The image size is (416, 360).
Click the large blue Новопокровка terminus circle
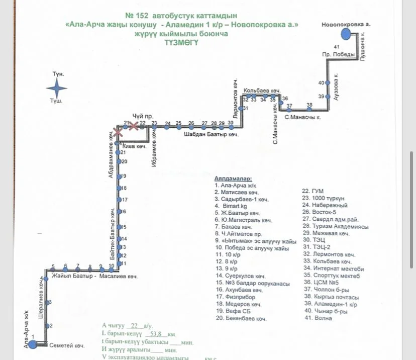click(x=346, y=34)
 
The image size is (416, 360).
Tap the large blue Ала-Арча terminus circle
click(x=33, y=344)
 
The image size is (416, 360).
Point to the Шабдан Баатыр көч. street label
click(x=210, y=135)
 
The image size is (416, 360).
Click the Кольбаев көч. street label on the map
click(x=261, y=91)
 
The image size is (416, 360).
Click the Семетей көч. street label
click(x=67, y=346)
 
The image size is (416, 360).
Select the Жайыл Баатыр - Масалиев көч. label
click(x=94, y=277)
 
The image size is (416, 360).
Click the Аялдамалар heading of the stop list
click(x=233, y=178)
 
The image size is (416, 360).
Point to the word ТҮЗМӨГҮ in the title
click(x=181, y=43)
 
